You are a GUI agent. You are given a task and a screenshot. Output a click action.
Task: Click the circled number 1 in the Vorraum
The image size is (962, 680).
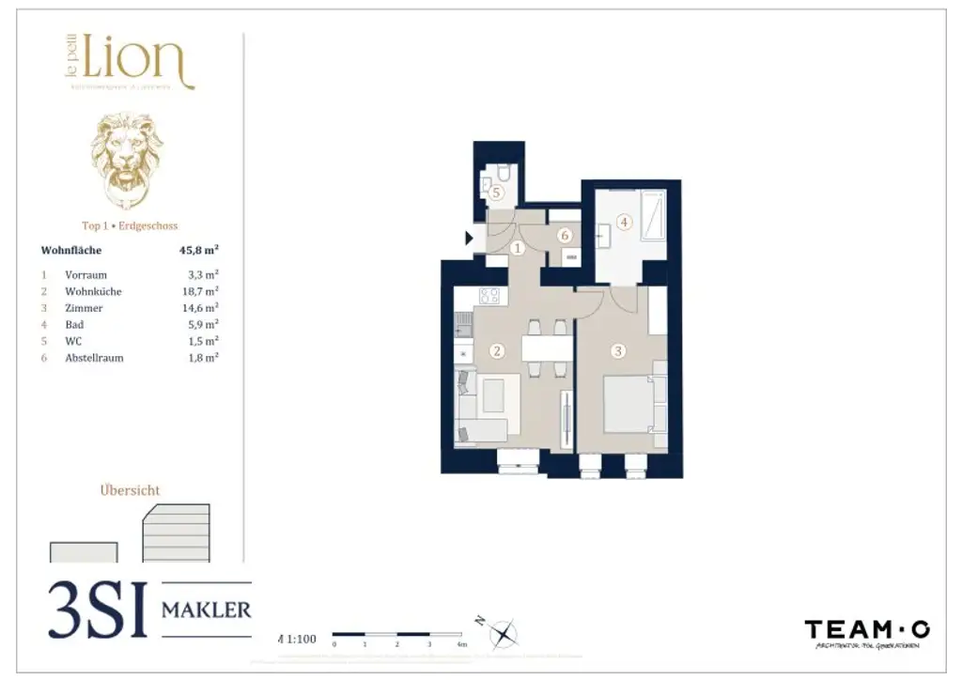pos(518,248)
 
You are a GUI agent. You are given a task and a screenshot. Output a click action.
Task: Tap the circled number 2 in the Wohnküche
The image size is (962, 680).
pos(497,351)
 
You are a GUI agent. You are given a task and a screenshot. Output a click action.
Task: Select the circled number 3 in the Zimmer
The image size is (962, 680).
pos(617,351)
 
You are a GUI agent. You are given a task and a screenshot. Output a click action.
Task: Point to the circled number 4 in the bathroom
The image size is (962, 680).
pos(624,223)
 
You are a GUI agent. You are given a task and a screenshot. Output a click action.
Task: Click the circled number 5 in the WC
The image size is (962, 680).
pos(497,192)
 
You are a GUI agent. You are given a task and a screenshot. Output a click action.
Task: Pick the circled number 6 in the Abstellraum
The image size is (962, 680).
pos(565,236)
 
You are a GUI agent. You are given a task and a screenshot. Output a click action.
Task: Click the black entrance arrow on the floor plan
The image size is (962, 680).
pos(470,239)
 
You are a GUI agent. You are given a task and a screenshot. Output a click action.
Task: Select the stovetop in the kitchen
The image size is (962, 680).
pos(489,296)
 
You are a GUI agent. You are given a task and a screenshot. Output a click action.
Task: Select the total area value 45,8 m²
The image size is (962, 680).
pos(199,251)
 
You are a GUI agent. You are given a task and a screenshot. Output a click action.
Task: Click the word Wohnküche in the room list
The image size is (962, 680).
pos(93,291)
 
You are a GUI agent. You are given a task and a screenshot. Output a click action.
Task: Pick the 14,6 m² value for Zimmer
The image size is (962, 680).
pos(203,308)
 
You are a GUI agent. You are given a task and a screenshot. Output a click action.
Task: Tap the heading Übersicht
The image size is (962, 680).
pos(130,490)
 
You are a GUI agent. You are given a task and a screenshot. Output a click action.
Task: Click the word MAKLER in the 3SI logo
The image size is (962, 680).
pos(207,610)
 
